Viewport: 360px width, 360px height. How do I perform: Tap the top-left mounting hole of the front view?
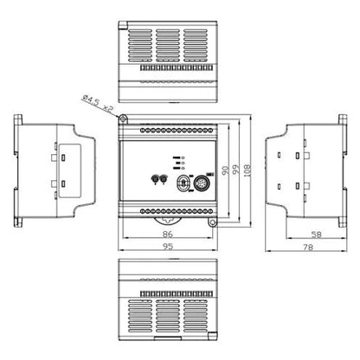tap(124, 119)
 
